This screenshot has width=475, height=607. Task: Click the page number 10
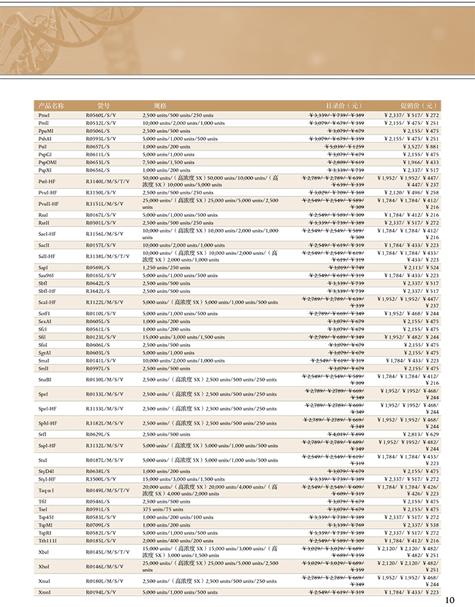[449, 599]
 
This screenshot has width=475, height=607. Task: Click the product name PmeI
[45, 115]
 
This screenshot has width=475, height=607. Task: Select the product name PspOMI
[47, 161]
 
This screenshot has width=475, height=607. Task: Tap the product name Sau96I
[47, 275]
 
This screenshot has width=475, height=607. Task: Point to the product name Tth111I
[47, 540]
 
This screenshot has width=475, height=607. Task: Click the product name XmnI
[45, 591]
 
